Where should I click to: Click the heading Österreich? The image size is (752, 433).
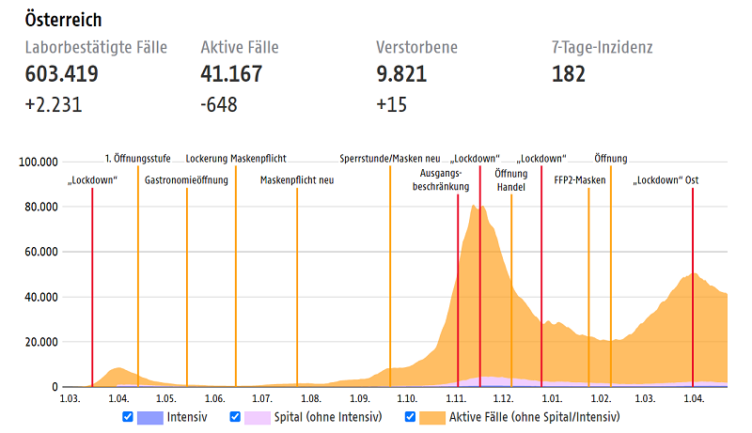pos(65,20)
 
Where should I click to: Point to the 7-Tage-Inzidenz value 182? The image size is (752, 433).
pos(569,74)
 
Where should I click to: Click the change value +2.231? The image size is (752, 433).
pos(55,104)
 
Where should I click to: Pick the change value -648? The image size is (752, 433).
pos(219,104)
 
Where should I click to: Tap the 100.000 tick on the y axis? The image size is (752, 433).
pos(39,162)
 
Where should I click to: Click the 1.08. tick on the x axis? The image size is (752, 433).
pos(311,399)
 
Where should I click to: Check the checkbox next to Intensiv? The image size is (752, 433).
pos(128,416)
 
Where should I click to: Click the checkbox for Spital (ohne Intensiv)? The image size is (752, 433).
pos(235,416)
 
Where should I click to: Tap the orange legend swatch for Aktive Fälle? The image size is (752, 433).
pos(432,416)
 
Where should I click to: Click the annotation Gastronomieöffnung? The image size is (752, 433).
pos(186,179)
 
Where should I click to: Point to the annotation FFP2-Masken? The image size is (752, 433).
pos(580,179)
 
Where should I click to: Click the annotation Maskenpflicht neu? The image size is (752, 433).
pos(297,179)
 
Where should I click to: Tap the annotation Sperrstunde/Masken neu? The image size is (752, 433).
pos(390,159)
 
